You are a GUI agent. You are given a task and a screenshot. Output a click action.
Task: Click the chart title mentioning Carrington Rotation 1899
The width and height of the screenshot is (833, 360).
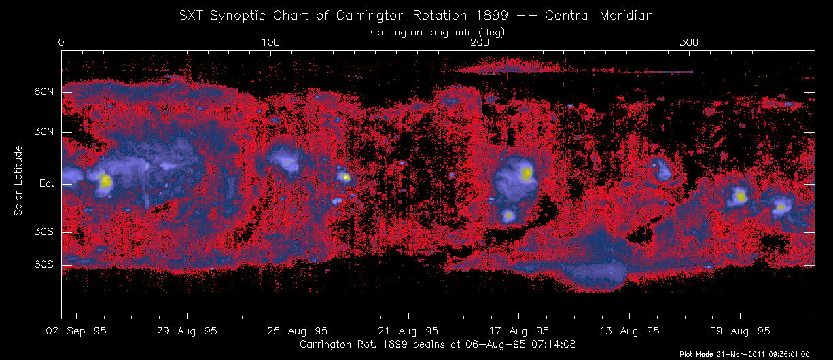coord(416,15)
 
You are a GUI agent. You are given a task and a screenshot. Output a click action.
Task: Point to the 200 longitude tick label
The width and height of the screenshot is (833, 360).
coord(480,43)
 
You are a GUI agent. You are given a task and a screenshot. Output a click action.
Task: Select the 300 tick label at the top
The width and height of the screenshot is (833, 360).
coord(689,43)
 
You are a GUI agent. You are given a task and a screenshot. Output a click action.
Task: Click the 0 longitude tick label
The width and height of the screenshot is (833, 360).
coord(62,43)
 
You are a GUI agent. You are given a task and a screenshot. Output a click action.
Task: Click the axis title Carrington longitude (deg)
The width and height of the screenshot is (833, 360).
coord(437,31)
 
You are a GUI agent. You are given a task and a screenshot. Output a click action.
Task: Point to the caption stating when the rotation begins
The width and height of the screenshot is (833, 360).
coord(438,344)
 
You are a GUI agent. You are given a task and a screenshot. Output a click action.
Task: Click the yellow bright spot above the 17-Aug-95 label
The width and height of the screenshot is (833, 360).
coord(527,173)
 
